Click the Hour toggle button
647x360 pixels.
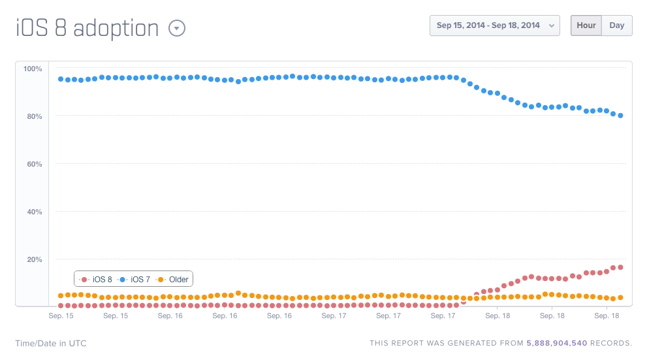[x=586, y=25]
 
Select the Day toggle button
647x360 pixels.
[x=616, y=25]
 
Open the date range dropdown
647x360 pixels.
[x=494, y=25]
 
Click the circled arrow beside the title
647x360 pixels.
[x=177, y=28]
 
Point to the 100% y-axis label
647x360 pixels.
[x=33, y=69]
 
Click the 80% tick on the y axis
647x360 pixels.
[x=34, y=116]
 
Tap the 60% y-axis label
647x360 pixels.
[x=34, y=164]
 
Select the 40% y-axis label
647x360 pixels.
[x=34, y=212]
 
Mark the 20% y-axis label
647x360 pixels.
[x=34, y=259]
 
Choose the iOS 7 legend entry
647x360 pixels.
[x=136, y=279]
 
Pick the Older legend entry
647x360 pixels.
[x=174, y=279]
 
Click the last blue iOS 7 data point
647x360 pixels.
[x=620, y=116]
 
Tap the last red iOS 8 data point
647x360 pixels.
[x=620, y=267]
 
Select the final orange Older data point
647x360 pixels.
[x=620, y=297]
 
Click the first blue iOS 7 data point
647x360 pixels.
[x=61, y=79]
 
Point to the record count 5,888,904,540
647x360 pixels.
[x=557, y=343]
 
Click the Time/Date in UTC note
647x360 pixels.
[x=51, y=343]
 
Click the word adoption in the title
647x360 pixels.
[x=116, y=28]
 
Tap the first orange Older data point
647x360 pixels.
[x=61, y=295]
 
